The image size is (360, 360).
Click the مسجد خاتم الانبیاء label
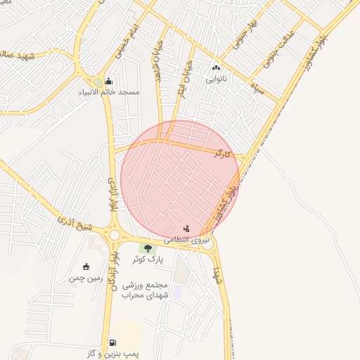pos(110,92)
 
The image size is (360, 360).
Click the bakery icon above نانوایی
pos(216,68)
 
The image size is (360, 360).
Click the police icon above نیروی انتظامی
pos(186,228)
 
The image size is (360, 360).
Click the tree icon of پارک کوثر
pos(148,247)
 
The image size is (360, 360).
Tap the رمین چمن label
pos(86,278)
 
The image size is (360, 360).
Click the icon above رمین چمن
pos(86,266)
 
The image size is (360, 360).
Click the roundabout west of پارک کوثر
pos(114,234)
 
